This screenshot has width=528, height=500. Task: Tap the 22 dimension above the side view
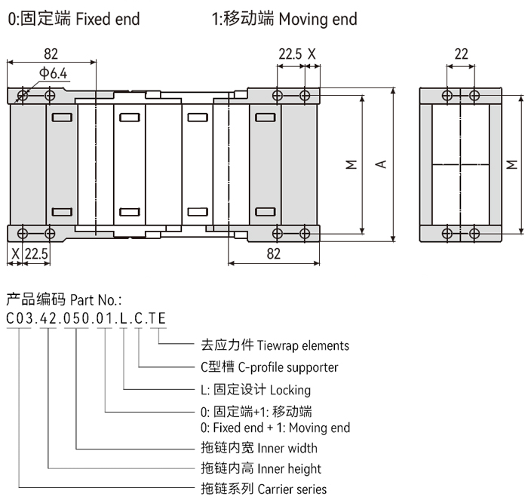point(461,54)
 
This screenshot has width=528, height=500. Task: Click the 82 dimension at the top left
point(51,54)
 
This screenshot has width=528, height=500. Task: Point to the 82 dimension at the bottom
point(273,254)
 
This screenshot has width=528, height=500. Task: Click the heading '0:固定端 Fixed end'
point(74,19)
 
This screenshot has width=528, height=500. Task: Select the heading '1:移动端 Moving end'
point(284,19)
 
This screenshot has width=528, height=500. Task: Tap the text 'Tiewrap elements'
point(303,345)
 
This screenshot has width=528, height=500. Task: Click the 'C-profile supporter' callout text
point(287,367)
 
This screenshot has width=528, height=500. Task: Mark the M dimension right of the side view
point(512,164)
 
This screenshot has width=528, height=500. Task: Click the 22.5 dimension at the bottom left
point(36,254)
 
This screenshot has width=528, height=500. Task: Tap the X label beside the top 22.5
point(312,54)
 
